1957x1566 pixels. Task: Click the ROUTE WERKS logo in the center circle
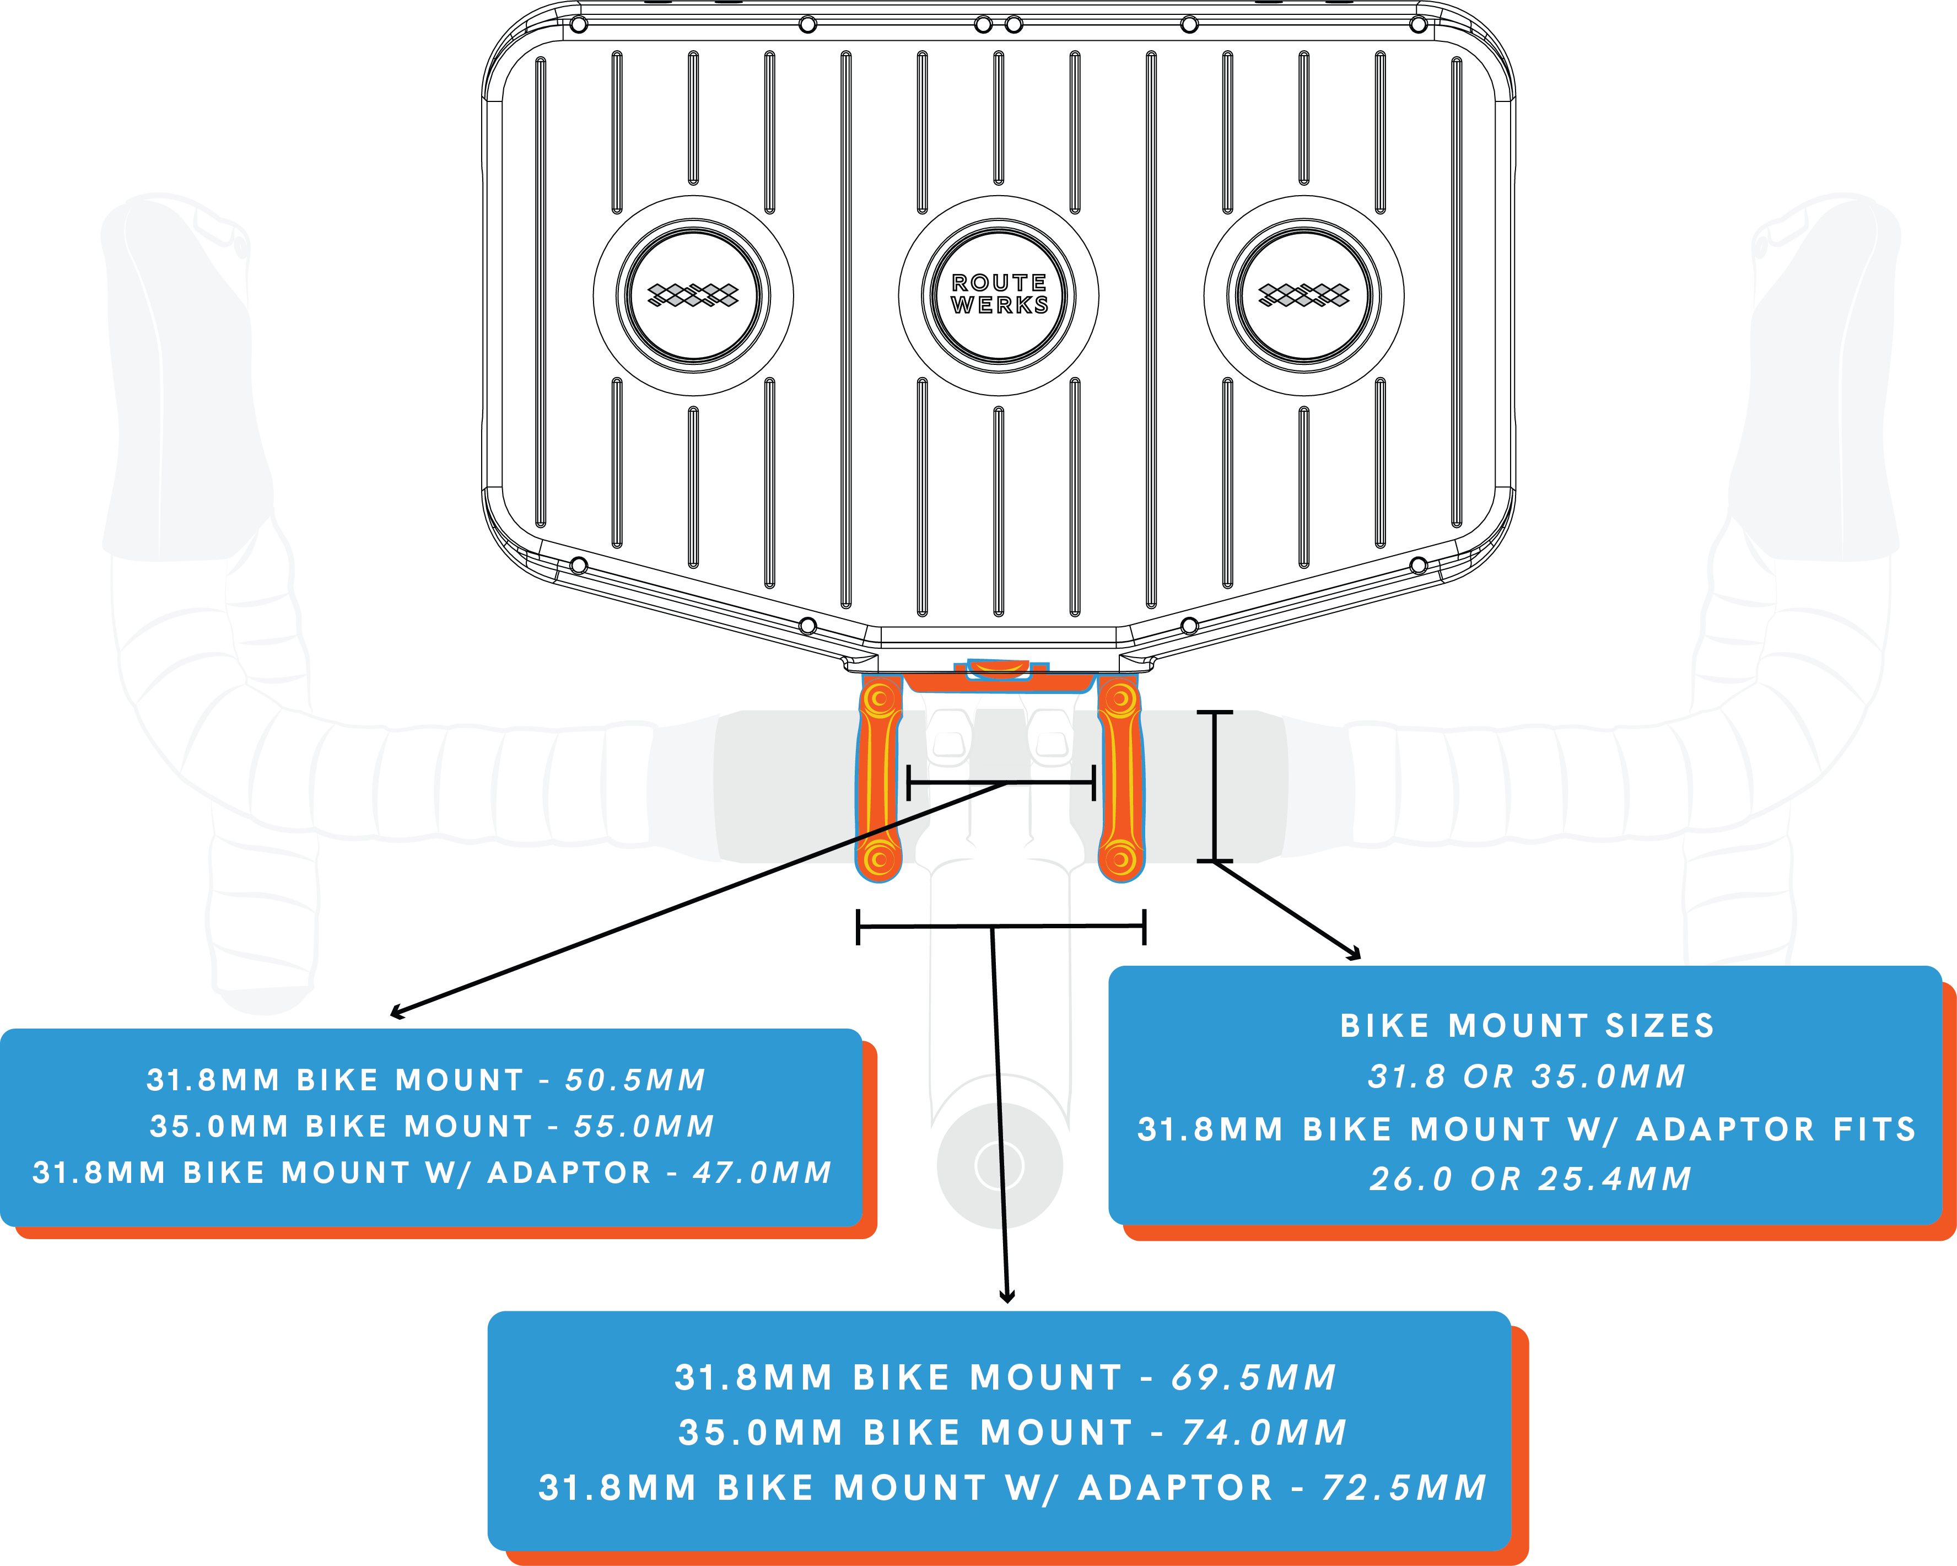[999, 294]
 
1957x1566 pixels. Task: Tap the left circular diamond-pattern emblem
[693, 294]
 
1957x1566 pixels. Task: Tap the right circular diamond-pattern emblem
[1303, 294]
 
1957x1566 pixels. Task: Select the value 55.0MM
[644, 1127]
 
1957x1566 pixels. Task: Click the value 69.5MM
[1254, 1377]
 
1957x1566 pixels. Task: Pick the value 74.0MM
[1264, 1433]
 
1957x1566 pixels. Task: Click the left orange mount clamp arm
[878, 779]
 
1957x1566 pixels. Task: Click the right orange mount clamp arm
[1120, 779]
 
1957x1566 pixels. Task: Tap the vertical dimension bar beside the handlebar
[1215, 786]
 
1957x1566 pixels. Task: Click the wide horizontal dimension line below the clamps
[1000, 926]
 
